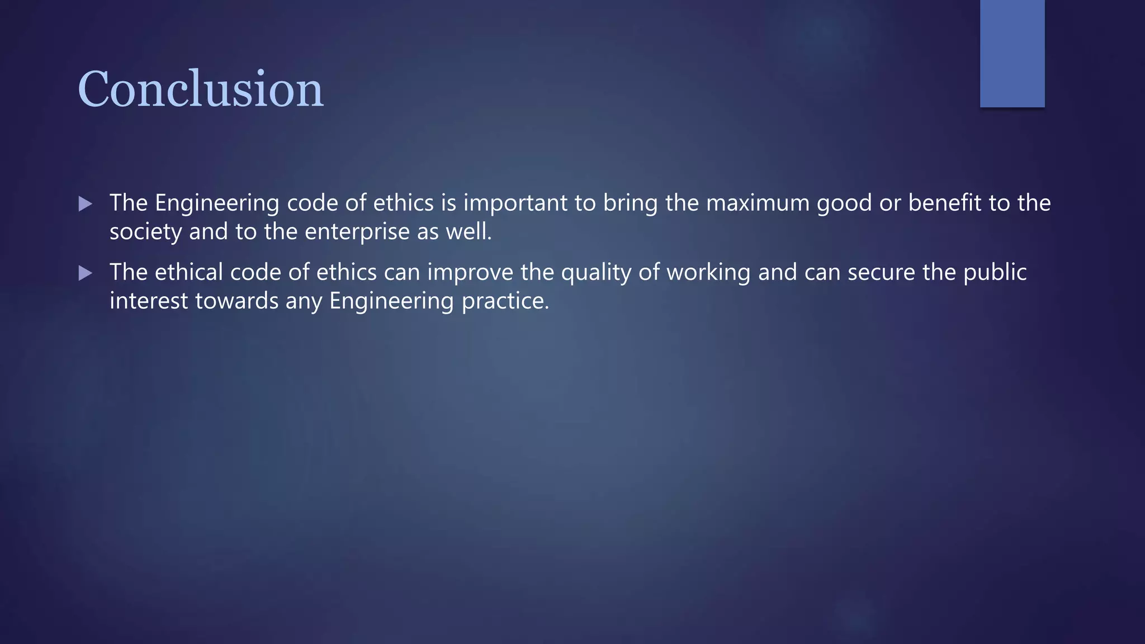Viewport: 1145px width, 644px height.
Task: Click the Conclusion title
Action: click(200, 89)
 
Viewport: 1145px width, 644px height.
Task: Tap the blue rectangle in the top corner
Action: click(1012, 53)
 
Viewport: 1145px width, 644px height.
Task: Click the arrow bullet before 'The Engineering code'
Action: click(85, 204)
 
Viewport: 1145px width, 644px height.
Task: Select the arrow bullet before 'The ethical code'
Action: click(85, 273)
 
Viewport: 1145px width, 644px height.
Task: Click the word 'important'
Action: click(515, 203)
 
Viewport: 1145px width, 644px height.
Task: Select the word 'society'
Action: click(145, 232)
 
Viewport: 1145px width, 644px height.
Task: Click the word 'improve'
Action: click(470, 272)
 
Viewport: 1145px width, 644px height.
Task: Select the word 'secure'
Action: click(881, 272)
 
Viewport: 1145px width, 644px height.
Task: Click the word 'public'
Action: click(995, 272)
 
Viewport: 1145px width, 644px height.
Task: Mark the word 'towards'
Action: click(236, 301)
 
